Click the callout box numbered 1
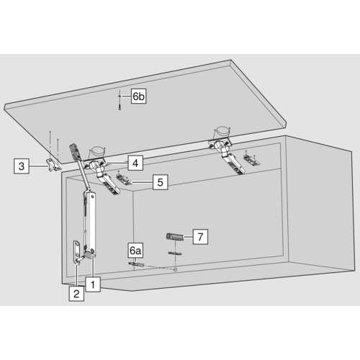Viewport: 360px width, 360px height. [93, 284]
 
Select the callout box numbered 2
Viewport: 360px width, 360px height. [76, 294]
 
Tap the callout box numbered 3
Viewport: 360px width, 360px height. [22, 166]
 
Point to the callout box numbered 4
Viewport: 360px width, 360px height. [135, 163]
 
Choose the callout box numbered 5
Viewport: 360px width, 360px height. [160, 182]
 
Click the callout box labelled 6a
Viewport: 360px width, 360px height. [135, 251]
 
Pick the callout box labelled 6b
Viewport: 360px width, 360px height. [139, 96]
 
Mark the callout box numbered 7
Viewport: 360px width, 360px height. [200, 237]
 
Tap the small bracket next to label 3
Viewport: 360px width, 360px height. [53, 166]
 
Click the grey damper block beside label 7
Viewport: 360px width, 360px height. [175, 237]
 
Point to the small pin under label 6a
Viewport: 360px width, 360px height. [136, 264]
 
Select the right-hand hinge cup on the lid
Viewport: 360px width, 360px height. [222, 132]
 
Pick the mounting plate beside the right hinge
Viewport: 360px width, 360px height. [251, 160]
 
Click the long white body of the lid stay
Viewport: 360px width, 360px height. [91, 222]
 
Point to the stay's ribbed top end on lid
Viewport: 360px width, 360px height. [74, 151]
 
